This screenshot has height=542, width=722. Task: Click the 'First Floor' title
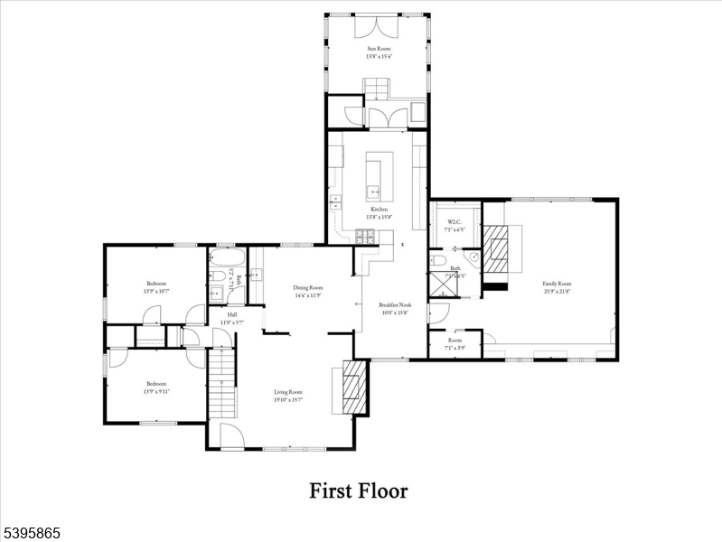pos(359,491)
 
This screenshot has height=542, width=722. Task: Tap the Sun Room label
pos(378,52)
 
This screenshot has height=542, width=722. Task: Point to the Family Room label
pos(558,287)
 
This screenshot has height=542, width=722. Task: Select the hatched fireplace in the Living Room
pos(356,387)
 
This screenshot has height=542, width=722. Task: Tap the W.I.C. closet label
pos(454,226)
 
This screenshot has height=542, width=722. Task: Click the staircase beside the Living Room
pos(221,383)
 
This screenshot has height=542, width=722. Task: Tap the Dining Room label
pos(308,291)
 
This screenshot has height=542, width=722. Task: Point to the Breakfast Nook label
pos(395,309)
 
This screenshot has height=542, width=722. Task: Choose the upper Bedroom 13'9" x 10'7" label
pos(155,287)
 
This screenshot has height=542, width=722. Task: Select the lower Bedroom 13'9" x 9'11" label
pos(155,387)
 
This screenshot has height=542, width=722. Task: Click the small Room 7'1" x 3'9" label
pos(455,344)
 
